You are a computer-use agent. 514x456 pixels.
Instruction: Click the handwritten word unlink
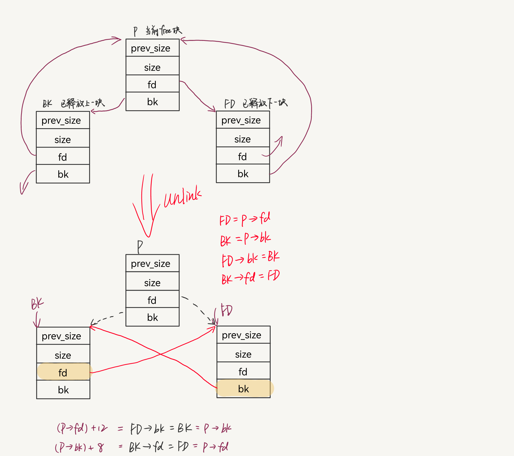(x=182, y=197)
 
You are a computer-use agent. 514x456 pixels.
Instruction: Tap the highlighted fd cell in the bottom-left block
(x=63, y=372)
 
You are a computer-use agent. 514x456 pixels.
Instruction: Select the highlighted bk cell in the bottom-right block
(x=244, y=388)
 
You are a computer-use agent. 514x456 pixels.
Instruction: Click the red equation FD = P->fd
(x=245, y=219)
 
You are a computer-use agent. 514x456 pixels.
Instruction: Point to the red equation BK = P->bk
(x=245, y=239)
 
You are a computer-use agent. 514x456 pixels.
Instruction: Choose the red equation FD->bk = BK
(x=251, y=258)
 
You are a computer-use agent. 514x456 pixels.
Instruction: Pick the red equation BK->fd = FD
(x=251, y=277)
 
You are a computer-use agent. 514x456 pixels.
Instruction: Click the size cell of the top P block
(x=152, y=66)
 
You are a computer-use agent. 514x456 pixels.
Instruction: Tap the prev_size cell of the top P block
(x=152, y=48)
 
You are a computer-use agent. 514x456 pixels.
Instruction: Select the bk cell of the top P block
(x=152, y=102)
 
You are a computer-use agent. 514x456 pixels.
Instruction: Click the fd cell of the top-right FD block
(x=243, y=156)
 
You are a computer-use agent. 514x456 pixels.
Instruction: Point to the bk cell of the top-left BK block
(x=63, y=174)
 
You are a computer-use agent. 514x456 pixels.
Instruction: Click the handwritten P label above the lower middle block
(x=140, y=247)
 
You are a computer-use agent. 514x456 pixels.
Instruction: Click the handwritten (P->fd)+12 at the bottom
(x=82, y=428)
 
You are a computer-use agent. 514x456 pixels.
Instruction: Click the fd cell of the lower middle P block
(x=152, y=300)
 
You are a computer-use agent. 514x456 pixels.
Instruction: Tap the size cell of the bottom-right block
(x=243, y=354)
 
